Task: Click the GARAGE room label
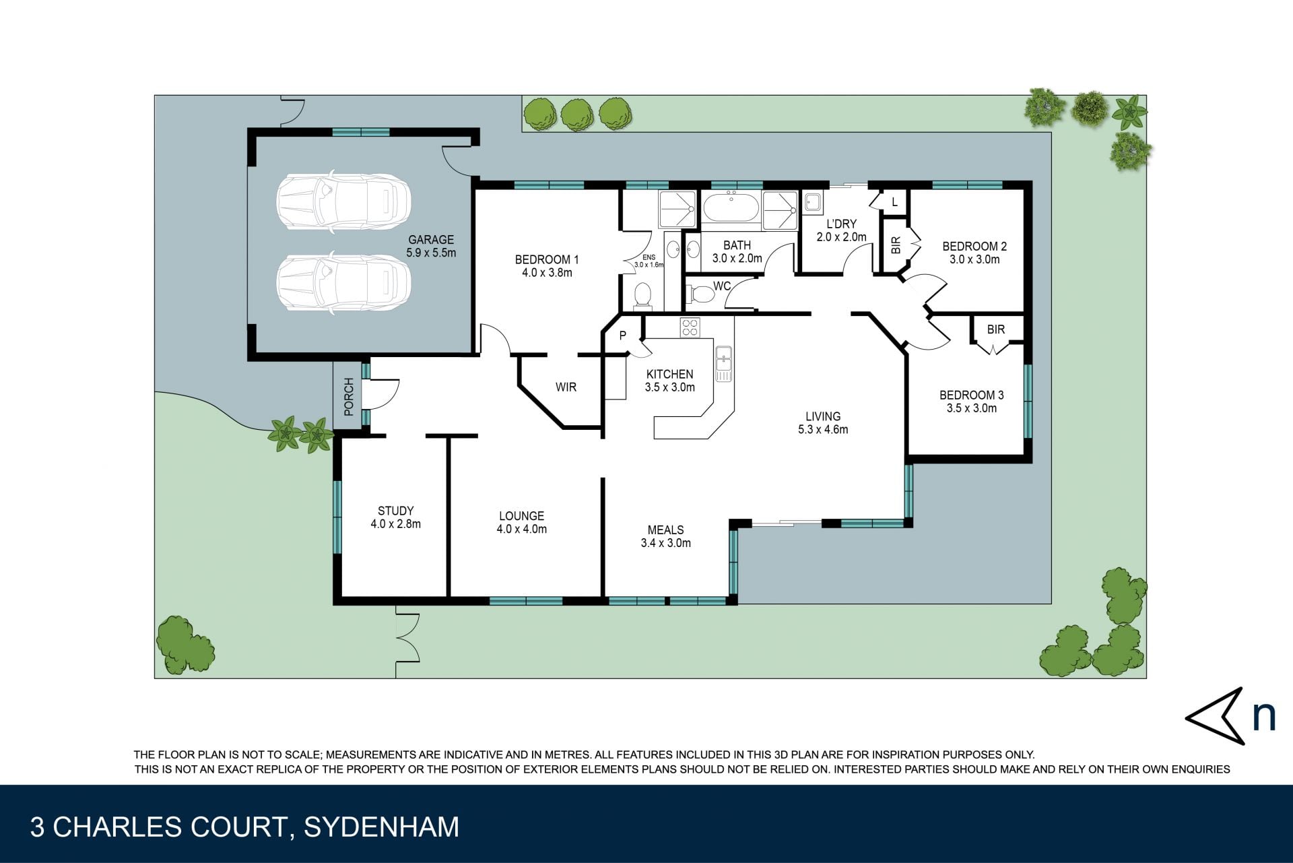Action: (431, 240)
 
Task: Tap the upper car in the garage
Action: (343, 203)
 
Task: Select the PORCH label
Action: (349, 396)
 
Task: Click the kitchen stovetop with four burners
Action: (690, 327)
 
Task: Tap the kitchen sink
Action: (724, 364)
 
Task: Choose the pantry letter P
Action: (623, 335)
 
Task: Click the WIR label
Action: (566, 387)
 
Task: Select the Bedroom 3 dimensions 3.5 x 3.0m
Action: (972, 408)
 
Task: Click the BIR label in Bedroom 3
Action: (996, 329)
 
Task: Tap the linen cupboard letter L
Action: (894, 202)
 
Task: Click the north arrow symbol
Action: (1215, 717)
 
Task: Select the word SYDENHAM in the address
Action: (382, 827)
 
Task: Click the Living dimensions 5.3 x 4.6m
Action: (823, 429)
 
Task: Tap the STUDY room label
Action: (395, 511)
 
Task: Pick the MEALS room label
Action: (665, 530)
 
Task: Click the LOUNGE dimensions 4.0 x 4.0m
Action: (522, 530)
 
